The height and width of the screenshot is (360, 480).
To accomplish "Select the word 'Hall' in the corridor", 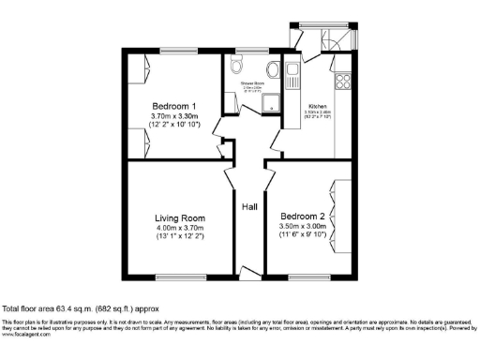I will (249, 207).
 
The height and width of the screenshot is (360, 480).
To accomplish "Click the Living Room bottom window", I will (179, 277).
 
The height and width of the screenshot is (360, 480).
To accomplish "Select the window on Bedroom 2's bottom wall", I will (303, 277).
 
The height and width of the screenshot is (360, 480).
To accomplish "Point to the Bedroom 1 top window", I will (177, 50).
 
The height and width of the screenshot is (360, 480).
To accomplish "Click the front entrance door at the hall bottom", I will (248, 273).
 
